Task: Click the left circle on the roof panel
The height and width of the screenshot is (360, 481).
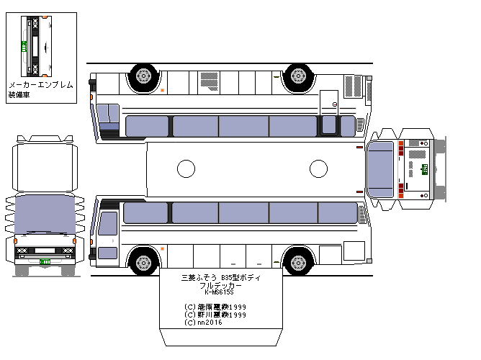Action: tap(186, 169)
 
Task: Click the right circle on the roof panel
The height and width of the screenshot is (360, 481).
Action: tap(318, 169)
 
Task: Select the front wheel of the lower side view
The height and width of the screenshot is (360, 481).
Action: tap(144, 260)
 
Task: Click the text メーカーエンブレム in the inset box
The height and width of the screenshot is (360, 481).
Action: tap(40, 85)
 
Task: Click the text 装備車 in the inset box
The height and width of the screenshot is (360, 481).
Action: tap(20, 94)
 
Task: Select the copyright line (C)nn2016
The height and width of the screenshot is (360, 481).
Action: tap(204, 323)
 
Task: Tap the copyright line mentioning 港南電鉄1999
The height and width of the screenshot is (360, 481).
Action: tap(215, 307)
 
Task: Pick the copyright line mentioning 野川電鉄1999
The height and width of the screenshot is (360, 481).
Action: tap(215, 315)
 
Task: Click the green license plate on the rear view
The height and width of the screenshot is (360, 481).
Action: tap(425, 168)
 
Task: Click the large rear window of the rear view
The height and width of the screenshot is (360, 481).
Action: tap(380, 168)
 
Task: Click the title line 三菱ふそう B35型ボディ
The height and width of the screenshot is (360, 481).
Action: tap(220, 277)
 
